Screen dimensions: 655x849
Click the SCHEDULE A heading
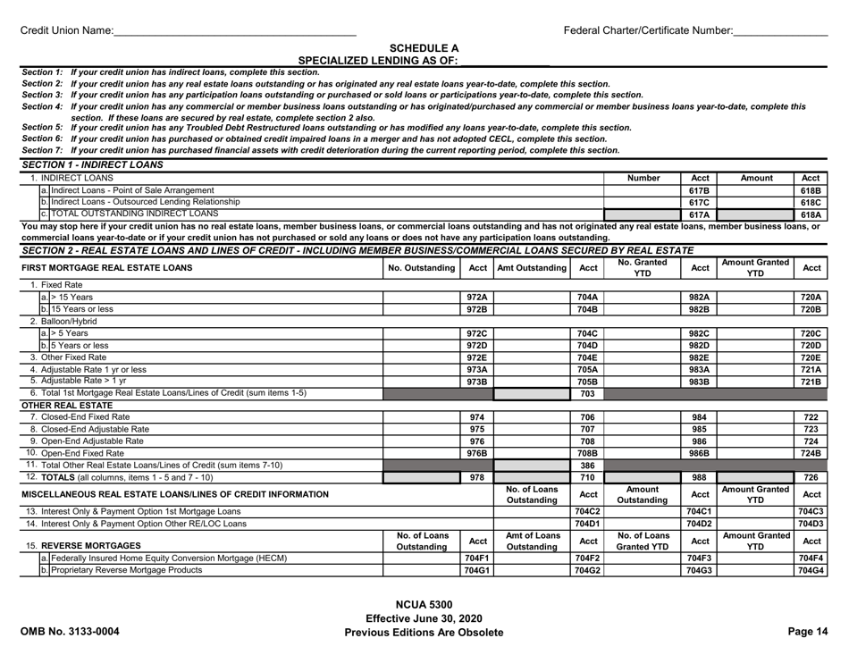coord(424,48)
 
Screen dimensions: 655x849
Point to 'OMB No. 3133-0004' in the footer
coord(74,632)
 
